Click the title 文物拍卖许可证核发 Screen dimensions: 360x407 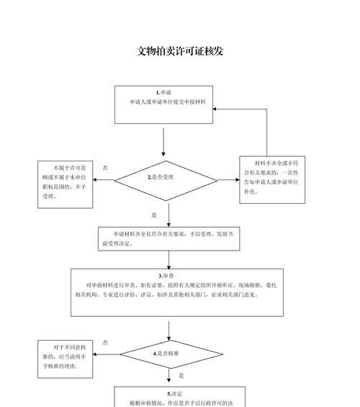point(180,51)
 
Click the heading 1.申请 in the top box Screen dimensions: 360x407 point(163,93)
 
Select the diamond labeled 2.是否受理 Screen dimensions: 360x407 point(166,181)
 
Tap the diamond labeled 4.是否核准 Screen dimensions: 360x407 point(171,354)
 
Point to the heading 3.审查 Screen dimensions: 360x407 point(166,276)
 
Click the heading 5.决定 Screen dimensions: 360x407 point(174,394)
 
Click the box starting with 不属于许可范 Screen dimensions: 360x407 point(65,184)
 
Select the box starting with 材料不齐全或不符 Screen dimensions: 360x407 point(272,179)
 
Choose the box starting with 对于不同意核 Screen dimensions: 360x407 point(65,359)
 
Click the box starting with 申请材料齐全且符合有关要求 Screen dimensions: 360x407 point(169,239)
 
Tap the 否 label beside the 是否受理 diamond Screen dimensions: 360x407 point(105,168)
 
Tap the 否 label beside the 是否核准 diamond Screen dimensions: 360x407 point(105,343)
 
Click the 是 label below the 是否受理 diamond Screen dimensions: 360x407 point(154,215)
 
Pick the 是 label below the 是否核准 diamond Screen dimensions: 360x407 point(181,375)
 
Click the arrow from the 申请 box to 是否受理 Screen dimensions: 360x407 point(163,142)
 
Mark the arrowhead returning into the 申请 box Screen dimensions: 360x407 point(215,109)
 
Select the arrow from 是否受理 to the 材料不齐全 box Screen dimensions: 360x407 point(228,179)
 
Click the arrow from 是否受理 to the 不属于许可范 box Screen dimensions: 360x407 point(104,179)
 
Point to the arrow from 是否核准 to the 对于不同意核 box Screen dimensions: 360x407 point(107,354)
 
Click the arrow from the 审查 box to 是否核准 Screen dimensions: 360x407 point(169,331)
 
